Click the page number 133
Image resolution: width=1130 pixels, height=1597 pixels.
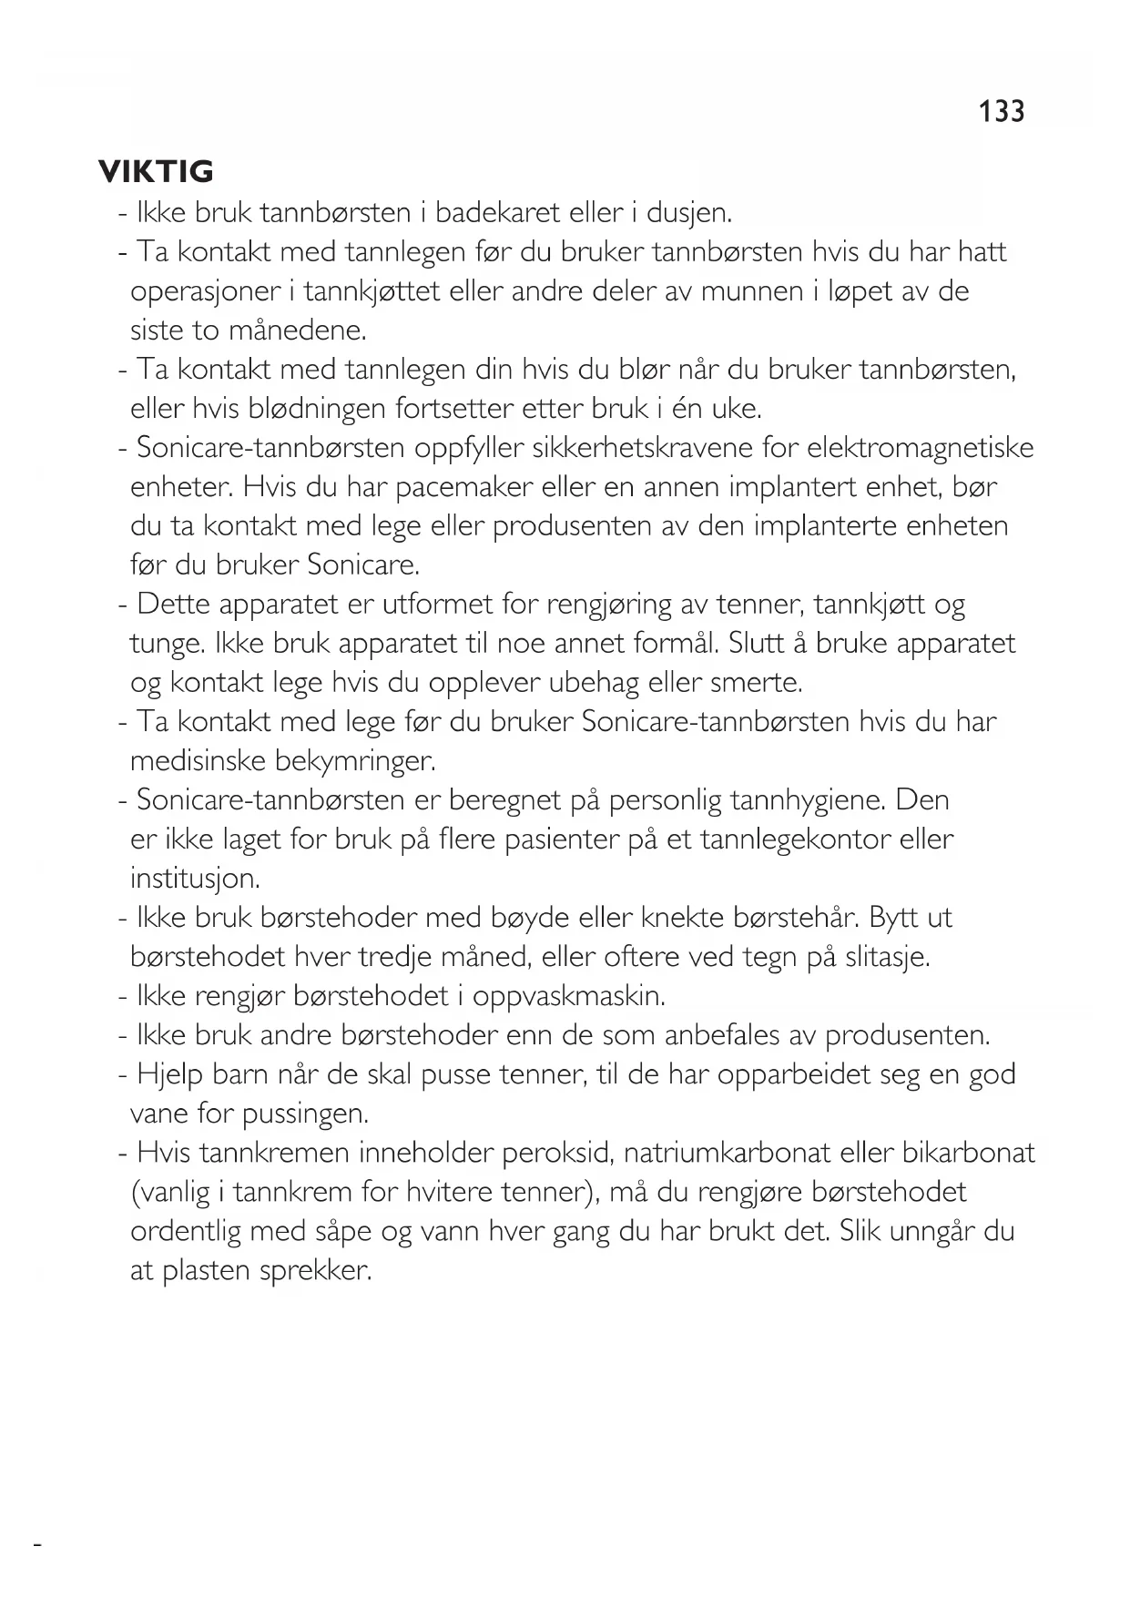point(1002,111)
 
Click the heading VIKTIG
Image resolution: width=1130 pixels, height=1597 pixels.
point(156,171)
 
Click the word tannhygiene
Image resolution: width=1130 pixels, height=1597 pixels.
point(791,800)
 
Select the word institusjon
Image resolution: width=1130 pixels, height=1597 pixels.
point(195,879)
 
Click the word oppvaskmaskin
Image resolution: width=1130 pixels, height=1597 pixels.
point(569,996)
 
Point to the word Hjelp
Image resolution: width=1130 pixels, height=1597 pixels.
point(169,1074)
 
